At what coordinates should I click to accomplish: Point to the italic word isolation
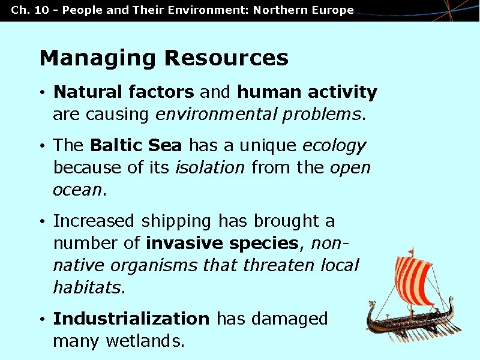tap(209, 168)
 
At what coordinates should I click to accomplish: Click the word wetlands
tap(145, 341)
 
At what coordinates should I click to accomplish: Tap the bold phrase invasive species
tap(222, 244)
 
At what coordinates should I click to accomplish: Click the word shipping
tap(176, 221)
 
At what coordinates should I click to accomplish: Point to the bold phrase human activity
tap(307, 92)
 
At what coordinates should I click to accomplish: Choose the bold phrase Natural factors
tap(124, 92)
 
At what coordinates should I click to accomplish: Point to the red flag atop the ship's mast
tap(411, 250)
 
